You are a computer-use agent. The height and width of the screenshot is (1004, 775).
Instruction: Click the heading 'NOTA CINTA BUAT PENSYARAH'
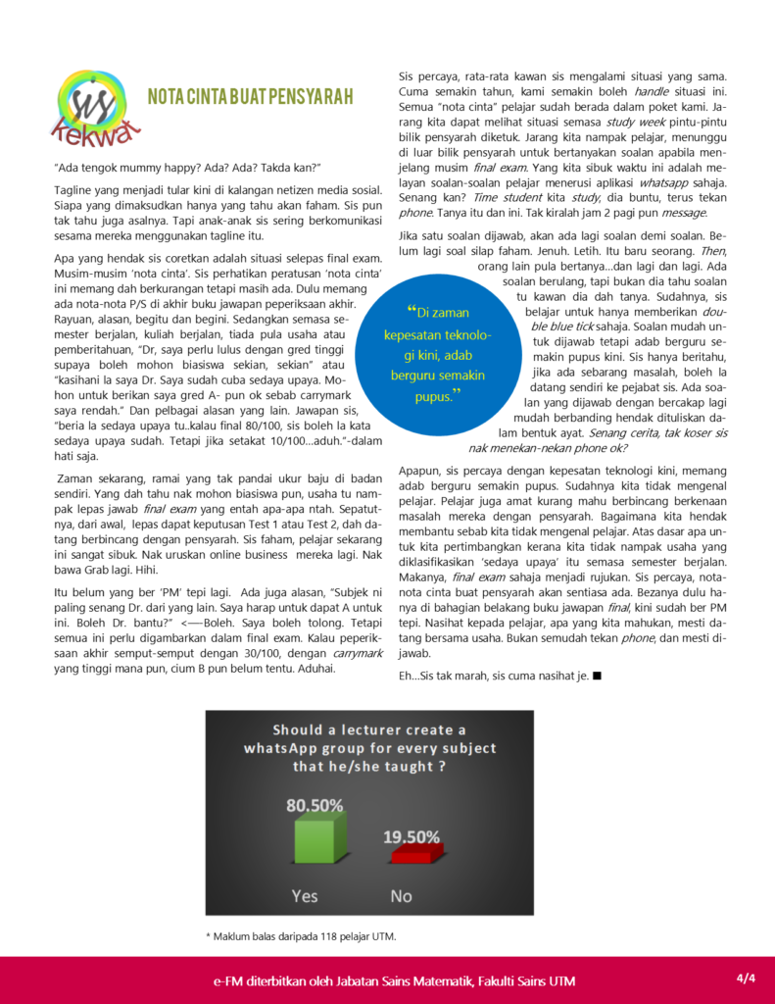[250, 96]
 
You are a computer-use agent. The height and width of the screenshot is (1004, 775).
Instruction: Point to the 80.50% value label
[315, 805]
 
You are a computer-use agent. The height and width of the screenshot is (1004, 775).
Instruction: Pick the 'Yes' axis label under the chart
[305, 895]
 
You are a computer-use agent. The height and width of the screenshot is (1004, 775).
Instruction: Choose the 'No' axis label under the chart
[402, 895]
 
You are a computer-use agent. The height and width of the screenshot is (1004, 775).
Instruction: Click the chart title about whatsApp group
[369, 747]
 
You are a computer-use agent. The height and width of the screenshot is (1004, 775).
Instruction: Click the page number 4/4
[747, 978]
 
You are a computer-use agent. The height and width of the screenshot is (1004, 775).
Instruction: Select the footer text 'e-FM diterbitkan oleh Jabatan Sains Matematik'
[395, 981]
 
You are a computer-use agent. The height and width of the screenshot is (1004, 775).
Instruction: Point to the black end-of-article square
[597, 676]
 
